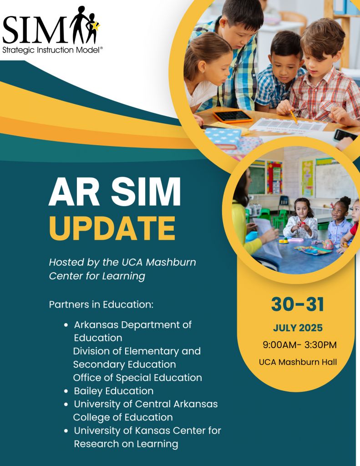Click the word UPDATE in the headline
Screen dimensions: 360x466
point(112,228)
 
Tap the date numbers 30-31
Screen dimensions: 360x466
point(298,304)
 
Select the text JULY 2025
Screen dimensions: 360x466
point(298,328)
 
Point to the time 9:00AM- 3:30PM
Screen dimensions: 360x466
point(299,345)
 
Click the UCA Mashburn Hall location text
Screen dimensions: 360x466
point(298,362)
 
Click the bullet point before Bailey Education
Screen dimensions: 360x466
point(66,391)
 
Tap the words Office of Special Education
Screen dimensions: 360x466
point(137,378)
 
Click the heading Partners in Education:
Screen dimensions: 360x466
point(101,304)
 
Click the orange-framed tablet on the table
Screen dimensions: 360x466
point(233,116)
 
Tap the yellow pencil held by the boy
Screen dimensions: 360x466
point(294,117)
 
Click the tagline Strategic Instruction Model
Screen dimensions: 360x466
point(52,50)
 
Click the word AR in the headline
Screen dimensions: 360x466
point(74,192)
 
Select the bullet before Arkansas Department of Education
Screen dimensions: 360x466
point(66,325)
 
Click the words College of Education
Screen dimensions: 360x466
point(123,417)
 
